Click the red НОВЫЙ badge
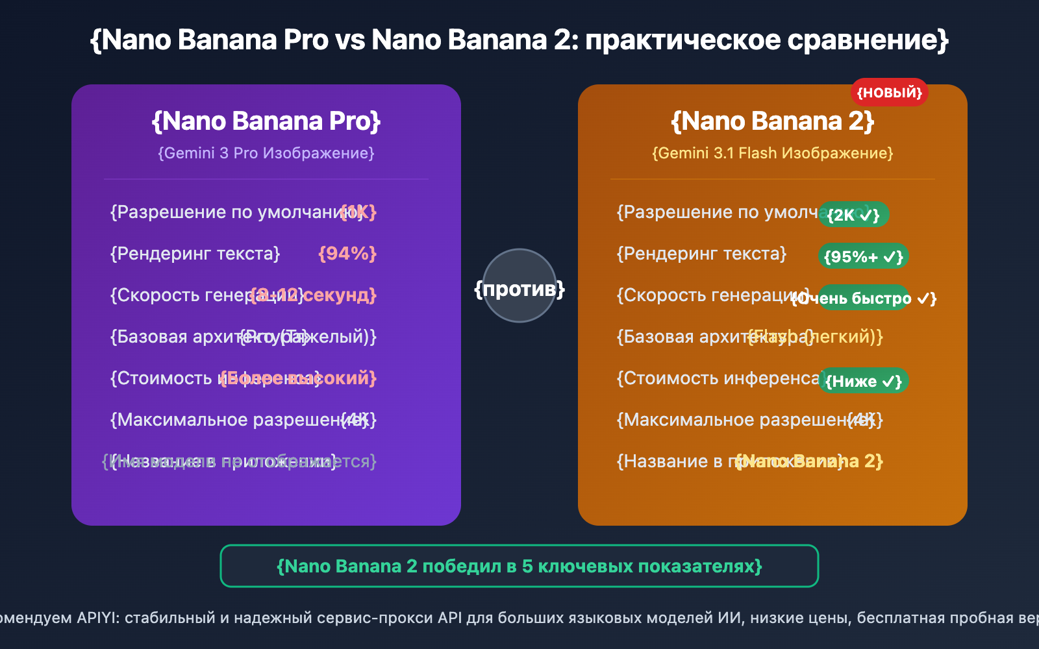889,93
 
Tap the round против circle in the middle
519,286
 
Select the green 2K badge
853,215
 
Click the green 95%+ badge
863,256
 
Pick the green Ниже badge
863,381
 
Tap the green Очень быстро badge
864,298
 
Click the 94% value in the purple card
347,253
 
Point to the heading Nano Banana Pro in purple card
266,121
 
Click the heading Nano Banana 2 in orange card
773,121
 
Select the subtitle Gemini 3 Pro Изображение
266,153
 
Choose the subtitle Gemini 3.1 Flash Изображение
773,153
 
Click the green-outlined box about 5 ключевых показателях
519,566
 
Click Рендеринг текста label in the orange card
701,253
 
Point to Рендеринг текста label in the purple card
195,253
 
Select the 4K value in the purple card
359,420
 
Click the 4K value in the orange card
866,420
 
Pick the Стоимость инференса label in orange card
718,378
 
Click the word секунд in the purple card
339,295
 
